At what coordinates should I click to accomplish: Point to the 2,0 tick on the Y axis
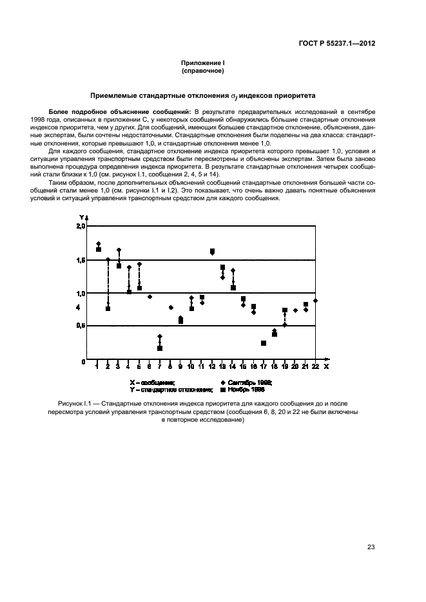click(x=81, y=227)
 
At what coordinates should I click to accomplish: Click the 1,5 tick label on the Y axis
click(x=81, y=260)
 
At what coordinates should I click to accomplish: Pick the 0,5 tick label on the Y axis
click(x=81, y=326)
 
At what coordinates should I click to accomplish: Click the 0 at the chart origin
click(x=83, y=362)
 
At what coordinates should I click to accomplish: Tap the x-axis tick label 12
click(x=212, y=366)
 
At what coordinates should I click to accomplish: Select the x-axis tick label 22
click(x=315, y=366)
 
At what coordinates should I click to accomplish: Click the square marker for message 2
click(x=108, y=309)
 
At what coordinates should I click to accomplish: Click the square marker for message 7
click(x=160, y=348)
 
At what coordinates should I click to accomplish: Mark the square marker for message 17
click(x=264, y=343)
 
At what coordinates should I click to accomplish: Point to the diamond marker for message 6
click(x=150, y=297)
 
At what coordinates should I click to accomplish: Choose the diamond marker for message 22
click(x=315, y=301)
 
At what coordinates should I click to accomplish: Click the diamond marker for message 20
click(x=295, y=310)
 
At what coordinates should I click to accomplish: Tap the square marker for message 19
click(x=285, y=310)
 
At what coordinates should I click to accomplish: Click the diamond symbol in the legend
click(x=223, y=382)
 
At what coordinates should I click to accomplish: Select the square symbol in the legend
click(x=223, y=390)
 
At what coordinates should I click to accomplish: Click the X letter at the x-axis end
click(x=327, y=366)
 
